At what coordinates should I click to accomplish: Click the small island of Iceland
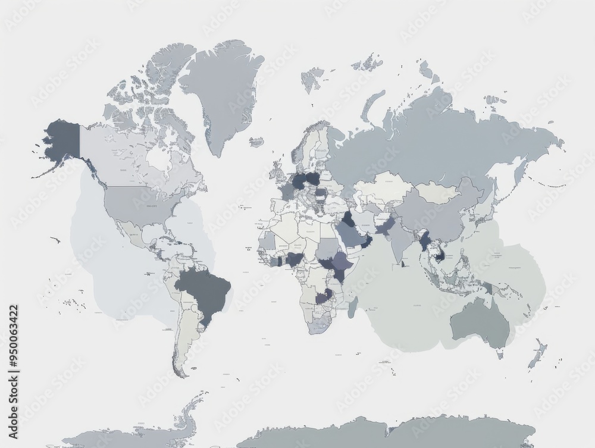point(256,142)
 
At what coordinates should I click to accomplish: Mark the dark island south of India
point(403,263)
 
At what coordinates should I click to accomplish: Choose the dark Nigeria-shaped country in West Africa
point(294,260)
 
